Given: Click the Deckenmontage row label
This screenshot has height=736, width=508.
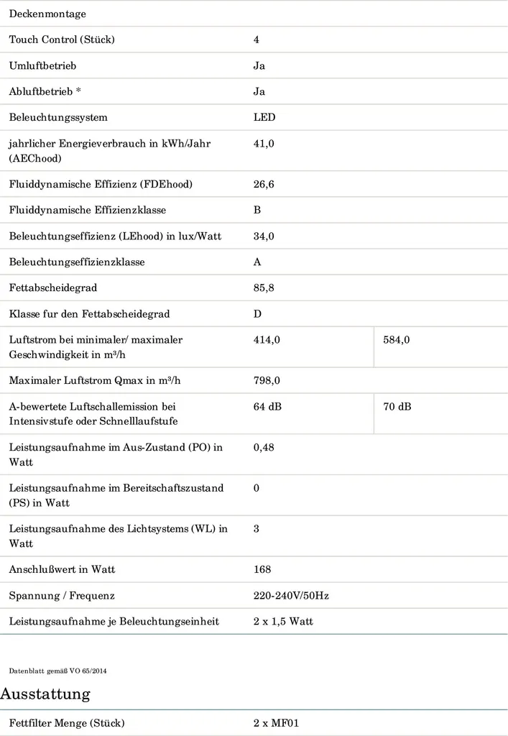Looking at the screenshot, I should coord(47,14).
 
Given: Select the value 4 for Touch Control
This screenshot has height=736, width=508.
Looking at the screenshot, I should coord(257,40).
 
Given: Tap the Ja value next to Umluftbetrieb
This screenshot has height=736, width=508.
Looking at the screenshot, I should coord(259,65).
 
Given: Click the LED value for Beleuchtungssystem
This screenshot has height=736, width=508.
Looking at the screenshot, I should coord(264,117).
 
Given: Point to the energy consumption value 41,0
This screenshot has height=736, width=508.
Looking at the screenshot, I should coord(264,143).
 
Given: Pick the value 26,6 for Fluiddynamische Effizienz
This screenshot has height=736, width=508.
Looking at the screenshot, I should coord(264,184).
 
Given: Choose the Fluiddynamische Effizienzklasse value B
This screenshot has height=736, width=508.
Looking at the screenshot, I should coord(257,210).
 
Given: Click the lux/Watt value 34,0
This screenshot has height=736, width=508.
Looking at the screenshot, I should coord(264,236).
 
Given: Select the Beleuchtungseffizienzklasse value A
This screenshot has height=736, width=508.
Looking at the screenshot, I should coord(257,262).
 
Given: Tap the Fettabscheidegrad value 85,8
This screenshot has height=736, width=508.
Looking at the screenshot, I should coord(264,287).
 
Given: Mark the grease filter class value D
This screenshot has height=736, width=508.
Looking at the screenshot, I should coord(257,313).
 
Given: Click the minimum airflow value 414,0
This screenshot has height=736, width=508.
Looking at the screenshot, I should coord(267,339).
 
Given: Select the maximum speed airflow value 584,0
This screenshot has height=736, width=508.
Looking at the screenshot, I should coord(397,339).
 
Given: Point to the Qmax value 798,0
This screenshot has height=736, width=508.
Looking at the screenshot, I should coord(267,379).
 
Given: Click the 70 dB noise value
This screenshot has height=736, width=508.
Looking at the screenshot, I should coord(397,406).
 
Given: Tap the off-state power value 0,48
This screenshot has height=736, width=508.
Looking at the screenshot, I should coord(264,447).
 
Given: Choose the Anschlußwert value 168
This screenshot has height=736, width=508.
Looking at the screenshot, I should coord(262,569).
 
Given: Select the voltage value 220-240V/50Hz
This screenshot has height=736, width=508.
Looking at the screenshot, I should coord(291,595).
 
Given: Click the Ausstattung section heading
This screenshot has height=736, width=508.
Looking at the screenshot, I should coord(45,694).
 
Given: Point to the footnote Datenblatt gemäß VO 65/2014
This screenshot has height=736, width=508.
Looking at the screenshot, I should coord(58,671).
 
